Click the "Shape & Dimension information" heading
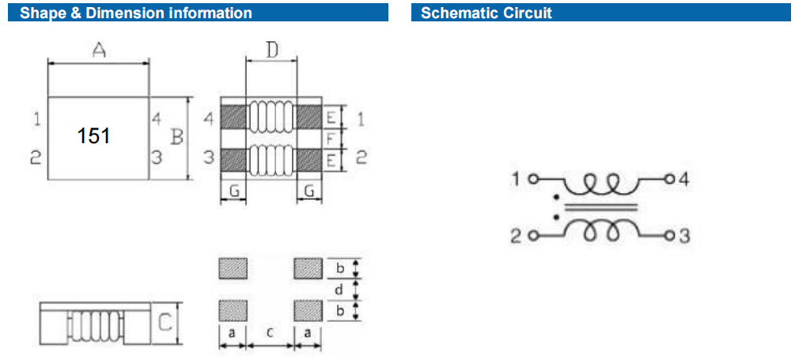pyautogui.click(x=136, y=13)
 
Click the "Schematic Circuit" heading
pyautogui.click(x=486, y=13)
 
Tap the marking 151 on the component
pyautogui.click(x=93, y=136)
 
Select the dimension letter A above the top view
pyautogui.click(x=99, y=51)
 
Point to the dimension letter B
pyautogui.click(x=176, y=137)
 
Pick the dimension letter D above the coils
pyautogui.click(x=271, y=51)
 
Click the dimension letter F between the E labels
pyautogui.click(x=331, y=138)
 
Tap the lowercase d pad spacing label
pyautogui.click(x=339, y=290)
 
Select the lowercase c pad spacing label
pyautogui.click(x=270, y=334)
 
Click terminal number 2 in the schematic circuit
pyautogui.click(x=515, y=236)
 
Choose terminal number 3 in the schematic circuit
pyautogui.click(x=683, y=236)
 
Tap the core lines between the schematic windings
pyautogui.click(x=599, y=207)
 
